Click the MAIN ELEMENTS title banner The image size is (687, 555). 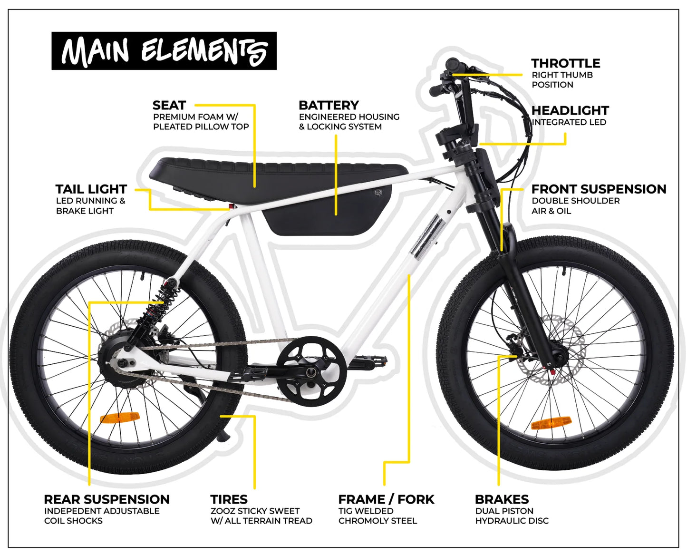pyautogui.click(x=164, y=51)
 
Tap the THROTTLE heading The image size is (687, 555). pyautogui.click(x=566, y=63)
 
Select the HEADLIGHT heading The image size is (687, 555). pyautogui.click(x=570, y=111)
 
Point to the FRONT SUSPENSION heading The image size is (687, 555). pyautogui.click(x=599, y=189)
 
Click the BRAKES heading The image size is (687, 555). pyautogui.click(x=502, y=499)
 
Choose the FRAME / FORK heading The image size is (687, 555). pyautogui.click(x=386, y=499)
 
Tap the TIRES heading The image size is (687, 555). pyautogui.click(x=229, y=499)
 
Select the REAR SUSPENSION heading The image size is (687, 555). pyautogui.click(x=107, y=499)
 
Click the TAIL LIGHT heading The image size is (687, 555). pyautogui.click(x=91, y=189)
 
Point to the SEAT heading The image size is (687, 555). pyautogui.click(x=169, y=105)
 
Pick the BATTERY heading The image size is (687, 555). pyautogui.click(x=329, y=105)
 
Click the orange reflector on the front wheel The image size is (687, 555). pyautogui.click(x=551, y=423)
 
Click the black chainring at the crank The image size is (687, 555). pyautogui.click(x=311, y=371)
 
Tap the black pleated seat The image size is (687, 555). pyautogui.click(x=277, y=179)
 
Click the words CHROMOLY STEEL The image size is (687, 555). pyautogui.click(x=377, y=521)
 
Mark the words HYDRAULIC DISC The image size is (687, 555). pyautogui.click(x=512, y=521)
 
